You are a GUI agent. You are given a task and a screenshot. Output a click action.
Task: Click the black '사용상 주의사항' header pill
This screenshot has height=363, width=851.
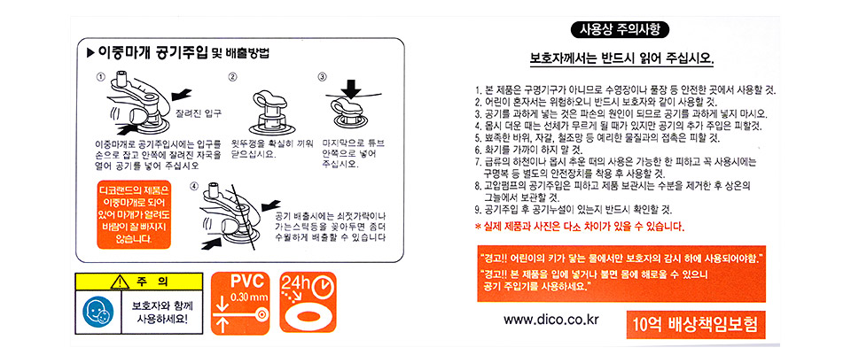[621, 29]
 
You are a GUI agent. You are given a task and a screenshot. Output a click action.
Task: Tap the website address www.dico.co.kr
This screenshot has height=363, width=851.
[550, 320]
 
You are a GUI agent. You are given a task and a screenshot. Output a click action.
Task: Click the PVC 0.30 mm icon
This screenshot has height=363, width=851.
[240, 303]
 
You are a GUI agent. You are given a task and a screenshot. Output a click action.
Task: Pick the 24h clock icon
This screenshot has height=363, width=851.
[308, 302]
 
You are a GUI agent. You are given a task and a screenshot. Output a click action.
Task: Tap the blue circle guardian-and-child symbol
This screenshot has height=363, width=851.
[98, 311]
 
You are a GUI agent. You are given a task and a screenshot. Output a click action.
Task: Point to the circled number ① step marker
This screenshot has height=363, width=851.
[100, 76]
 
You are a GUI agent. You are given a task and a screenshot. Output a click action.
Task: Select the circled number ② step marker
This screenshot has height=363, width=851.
[233, 76]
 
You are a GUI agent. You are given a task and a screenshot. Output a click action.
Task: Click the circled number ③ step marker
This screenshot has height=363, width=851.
[323, 76]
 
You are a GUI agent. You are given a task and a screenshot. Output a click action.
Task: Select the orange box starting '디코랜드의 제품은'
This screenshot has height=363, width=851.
[133, 214]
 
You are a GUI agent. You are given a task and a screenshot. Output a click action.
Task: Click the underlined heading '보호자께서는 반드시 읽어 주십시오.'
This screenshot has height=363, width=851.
[621, 58]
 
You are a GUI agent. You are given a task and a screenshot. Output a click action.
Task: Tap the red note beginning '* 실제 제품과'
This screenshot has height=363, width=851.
[579, 226]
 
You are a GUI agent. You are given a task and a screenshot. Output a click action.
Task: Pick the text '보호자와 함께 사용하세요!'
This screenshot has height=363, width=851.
[161, 311]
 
